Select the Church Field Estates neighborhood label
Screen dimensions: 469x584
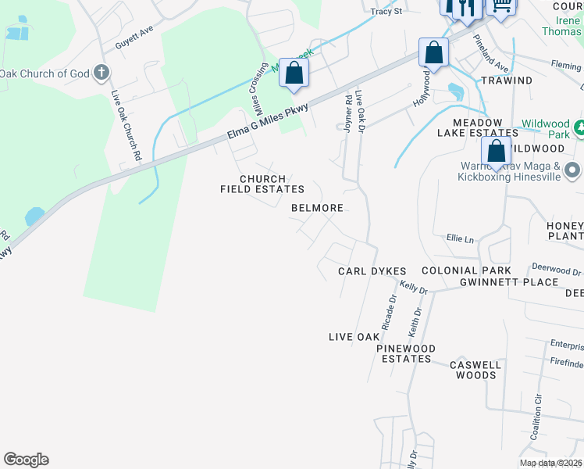pos(262,184)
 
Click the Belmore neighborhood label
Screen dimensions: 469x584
pos(317,209)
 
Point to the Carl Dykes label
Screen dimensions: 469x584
pos(372,271)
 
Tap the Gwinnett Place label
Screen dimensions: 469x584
pos(509,282)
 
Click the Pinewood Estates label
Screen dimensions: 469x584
pos(406,353)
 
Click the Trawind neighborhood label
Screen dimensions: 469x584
pos(507,81)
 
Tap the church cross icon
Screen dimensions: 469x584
pos(101,73)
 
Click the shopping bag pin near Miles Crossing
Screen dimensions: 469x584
pos(294,73)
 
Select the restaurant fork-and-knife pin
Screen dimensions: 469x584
pos(467,8)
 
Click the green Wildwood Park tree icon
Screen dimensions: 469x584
pos(579,126)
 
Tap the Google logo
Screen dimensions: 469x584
pos(26,460)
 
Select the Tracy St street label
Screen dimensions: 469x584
pos(386,12)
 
